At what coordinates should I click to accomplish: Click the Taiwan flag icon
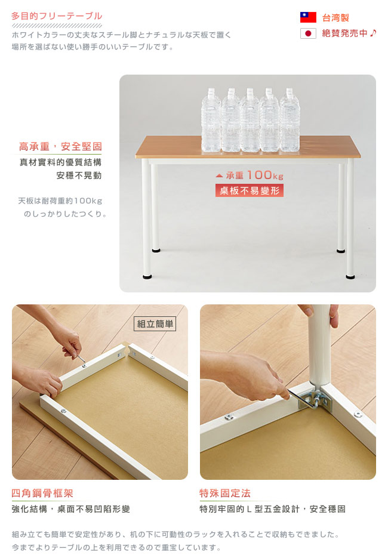[308, 17]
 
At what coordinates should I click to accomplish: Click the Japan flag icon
[308, 33]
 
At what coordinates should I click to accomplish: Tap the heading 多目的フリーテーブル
[57, 16]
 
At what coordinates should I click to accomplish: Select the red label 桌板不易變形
[250, 190]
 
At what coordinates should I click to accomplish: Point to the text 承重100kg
[254, 175]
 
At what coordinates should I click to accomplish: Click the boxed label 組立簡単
[155, 324]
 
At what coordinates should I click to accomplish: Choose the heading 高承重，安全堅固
[60, 146]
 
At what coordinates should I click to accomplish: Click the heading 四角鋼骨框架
[42, 493]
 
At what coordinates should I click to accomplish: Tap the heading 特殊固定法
[225, 493]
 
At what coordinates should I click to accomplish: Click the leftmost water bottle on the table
[211, 121]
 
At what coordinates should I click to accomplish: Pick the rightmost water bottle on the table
[290, 121]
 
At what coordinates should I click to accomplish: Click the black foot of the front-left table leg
[147, 276]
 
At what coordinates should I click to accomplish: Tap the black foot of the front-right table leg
[350, 276]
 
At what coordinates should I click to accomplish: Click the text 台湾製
[335, 17]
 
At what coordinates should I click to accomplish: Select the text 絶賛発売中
[344, 33]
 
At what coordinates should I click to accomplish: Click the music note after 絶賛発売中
[372, 33]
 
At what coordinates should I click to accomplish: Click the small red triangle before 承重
[219, 176]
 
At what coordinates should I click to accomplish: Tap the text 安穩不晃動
[79, 175]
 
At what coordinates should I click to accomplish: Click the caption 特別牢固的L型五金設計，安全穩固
[273, 509]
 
